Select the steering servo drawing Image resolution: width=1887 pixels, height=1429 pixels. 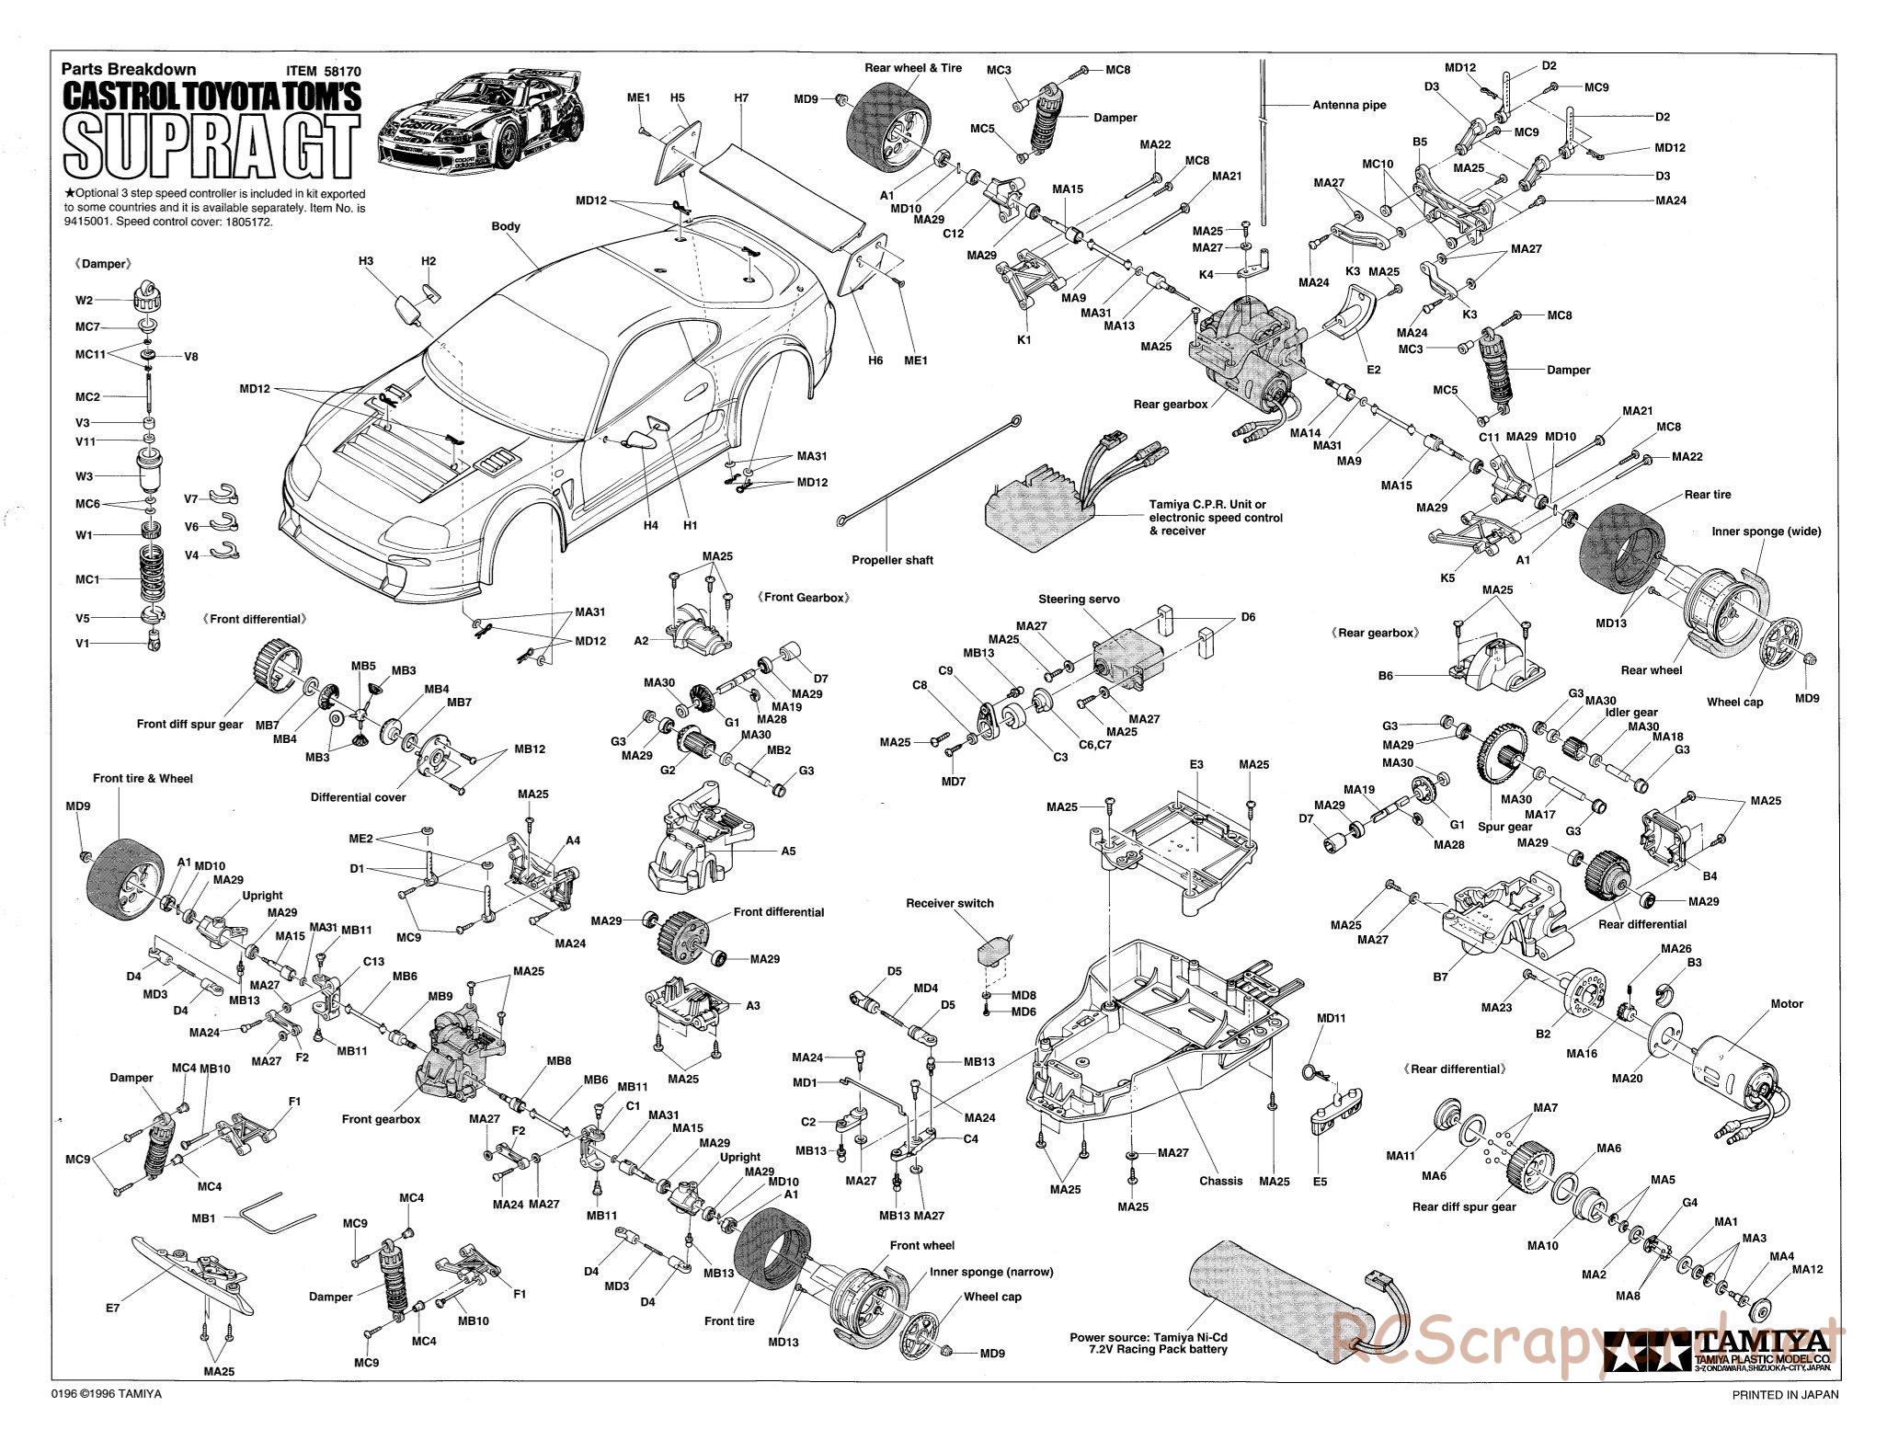pyautogui.click(x=1127, y=658)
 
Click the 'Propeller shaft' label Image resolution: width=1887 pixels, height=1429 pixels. pyautogui.click(x=891, y=560)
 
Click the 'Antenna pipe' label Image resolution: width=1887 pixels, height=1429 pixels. pyautogui.click(x=1349, y=105)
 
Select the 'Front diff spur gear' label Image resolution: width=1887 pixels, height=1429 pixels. pyautogui.click(x=189, y=724)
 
